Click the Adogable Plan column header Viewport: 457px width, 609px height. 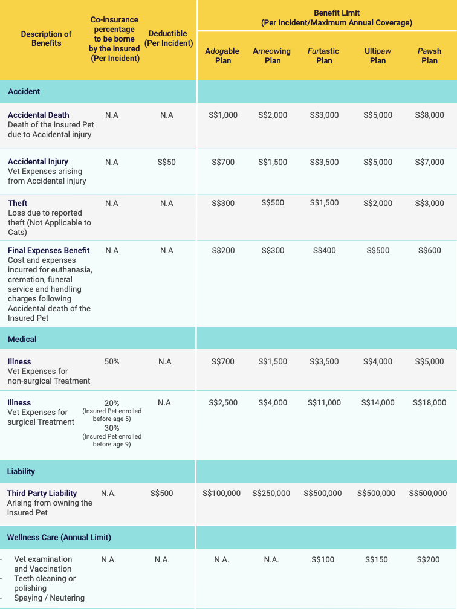coord(222,56)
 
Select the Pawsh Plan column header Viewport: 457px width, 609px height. coord(429,56)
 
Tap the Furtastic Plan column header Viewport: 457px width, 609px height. coord(324,56)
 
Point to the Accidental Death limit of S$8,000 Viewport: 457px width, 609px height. coord(429,115)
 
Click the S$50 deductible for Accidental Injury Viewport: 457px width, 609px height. coord(166,162)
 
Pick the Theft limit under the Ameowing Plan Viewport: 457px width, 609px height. coord(273,203)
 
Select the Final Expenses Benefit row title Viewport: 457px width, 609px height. coord(48,251)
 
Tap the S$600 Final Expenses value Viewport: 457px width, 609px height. coord(429,251)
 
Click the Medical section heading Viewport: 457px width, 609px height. coord(22,339)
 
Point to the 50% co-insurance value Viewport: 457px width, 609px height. coord(112,361)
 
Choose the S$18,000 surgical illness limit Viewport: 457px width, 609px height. coord(429,403)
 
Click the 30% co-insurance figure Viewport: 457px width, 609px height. coord(112,428)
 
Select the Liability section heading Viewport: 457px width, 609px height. coord(21,471)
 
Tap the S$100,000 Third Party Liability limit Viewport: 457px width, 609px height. coord(221,493)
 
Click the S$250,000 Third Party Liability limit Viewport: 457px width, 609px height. coord(271,493)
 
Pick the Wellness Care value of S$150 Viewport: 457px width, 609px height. coord(377,559)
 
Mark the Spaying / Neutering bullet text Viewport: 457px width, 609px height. coord(50,598)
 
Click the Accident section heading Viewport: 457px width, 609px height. coord(24,92)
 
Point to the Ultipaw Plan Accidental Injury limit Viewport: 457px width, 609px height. coord(378,162)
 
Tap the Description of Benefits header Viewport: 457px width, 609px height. coord(46,39)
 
